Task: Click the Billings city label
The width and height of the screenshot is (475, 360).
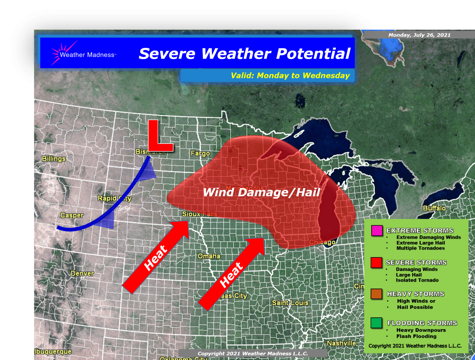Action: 54,159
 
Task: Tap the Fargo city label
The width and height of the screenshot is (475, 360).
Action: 200,154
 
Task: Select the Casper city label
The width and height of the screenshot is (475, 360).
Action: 72,215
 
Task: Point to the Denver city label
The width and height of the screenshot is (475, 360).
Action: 82,273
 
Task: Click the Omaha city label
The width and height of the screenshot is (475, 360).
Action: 209,256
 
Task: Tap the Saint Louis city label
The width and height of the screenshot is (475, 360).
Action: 290,303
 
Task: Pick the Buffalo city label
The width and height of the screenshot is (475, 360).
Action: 434,208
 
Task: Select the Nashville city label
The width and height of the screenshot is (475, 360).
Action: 341,343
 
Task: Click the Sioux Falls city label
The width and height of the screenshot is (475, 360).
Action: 200,214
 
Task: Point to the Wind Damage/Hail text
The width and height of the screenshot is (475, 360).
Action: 261,192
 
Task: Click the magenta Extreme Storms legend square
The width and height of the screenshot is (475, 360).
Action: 377,231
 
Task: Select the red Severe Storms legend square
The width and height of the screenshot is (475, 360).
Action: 376,262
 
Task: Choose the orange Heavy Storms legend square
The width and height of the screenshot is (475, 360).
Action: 376,294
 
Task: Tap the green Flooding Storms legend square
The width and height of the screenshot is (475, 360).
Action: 376,323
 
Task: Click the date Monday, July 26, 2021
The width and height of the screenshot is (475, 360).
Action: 419,35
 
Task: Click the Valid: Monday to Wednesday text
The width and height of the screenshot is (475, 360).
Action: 290,75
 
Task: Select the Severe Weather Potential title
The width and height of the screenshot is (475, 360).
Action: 244,54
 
